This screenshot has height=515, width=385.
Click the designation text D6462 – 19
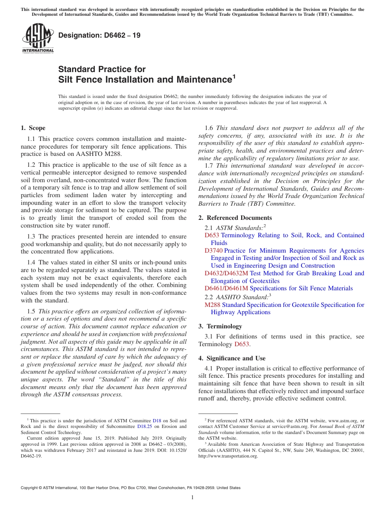pos(99,35)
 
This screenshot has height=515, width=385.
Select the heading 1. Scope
pos(33,128)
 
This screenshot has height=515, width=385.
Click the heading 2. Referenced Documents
pos(235,218)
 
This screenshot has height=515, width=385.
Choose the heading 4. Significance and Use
pos(232,358)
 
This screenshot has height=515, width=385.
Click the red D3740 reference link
pos(214,251)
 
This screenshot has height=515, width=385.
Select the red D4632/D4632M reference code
pos(226,273)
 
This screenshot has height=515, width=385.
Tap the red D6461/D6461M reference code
pos(226,289)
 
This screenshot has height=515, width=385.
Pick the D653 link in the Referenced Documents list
pos(212,235)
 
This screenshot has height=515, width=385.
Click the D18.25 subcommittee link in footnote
pos(144,426)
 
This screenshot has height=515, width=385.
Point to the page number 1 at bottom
pos(192,498)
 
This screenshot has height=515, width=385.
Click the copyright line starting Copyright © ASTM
pos(130,488)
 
